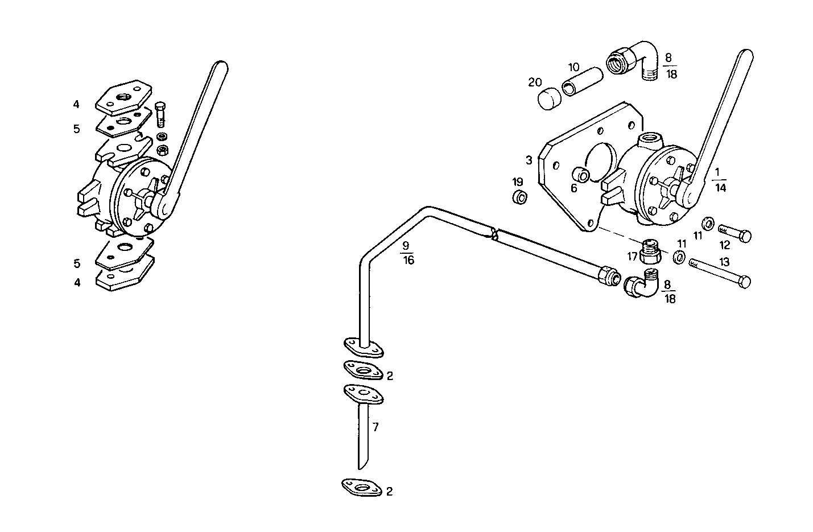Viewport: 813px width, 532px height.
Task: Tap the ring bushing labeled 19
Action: pyautogui.click(x=519, y=199)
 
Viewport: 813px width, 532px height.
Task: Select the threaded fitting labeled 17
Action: pyautogui.click(x=650, y=251)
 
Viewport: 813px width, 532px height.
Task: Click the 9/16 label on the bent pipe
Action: pyautogui.click(x=408, y=253)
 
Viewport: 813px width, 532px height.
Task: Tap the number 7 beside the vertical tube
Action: pyautogui.click(x=375, y=427)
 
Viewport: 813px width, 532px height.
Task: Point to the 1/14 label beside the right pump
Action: pyautogui.click(x=720, y=179)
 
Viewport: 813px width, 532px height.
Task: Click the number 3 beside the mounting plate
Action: pyautogui.click(x=529, y=160)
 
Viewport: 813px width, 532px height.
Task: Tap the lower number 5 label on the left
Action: pyautogui.click(x=76, y=263)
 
